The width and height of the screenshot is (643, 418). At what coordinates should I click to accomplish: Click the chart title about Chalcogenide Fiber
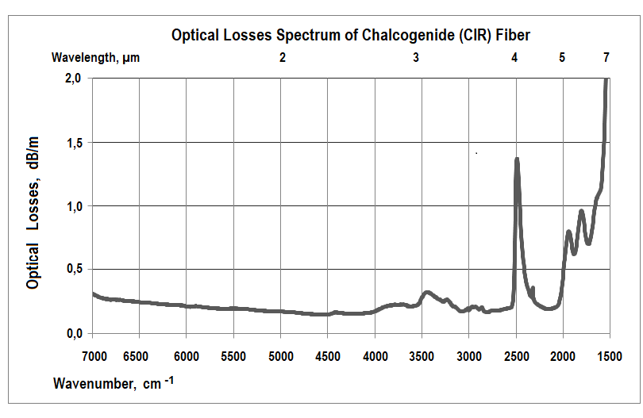351,35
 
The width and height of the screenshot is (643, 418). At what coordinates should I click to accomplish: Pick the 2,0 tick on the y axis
73,79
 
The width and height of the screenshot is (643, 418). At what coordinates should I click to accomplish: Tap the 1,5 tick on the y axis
73,142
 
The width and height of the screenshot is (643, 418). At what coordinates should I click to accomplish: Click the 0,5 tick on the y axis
73,269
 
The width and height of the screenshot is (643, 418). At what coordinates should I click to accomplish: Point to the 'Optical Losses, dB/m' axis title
34,212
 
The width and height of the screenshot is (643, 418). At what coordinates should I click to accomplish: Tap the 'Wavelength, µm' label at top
96,58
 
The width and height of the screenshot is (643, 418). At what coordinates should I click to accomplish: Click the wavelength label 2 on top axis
283,58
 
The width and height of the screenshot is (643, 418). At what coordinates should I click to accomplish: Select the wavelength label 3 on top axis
416,58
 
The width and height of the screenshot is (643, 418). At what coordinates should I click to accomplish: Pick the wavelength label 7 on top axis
606,58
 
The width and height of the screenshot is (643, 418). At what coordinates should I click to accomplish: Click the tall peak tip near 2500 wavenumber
517,159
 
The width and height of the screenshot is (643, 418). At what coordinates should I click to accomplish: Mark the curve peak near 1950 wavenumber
568,232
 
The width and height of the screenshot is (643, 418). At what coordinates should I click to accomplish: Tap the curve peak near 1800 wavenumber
582,211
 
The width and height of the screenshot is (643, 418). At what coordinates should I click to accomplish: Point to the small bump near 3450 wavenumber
427,293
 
